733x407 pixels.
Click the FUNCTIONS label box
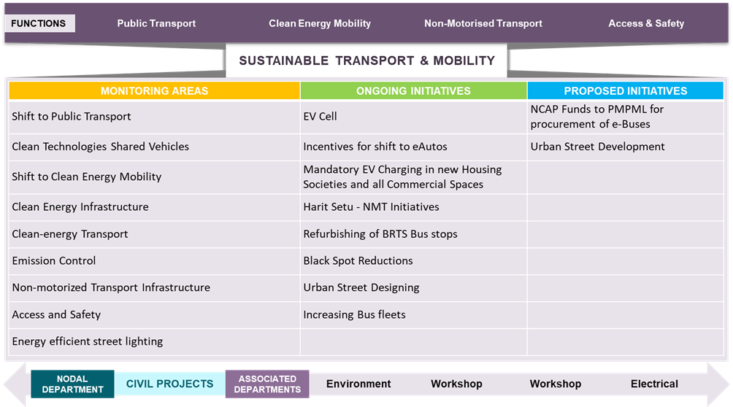coord(39,23)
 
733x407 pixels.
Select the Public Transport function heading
coord(156,23)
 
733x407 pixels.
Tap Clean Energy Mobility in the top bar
coord(320,23)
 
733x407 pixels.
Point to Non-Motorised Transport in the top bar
coord(483,23)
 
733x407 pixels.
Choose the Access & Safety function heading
coord(646,23)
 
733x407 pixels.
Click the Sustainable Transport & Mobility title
coord(367,61)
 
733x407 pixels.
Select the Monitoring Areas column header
coord(154,90)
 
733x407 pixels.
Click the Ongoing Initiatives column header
coord(413,90)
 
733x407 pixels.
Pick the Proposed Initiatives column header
coord(626,90)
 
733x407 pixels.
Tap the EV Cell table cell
coord(413,117)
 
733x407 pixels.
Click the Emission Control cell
coord(154,260)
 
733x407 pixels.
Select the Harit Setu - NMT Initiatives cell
coord(413,207)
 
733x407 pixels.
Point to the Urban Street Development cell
coord(626,147)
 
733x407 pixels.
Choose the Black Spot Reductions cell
coord(413,260)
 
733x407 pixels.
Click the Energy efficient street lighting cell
coord(154,341)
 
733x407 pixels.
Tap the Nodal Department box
coord(72,384)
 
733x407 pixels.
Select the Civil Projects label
coord(169,384)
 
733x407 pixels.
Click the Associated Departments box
coord(267,384)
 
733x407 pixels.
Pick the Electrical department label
coord(654,384)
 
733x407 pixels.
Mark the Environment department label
coord(358,384)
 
